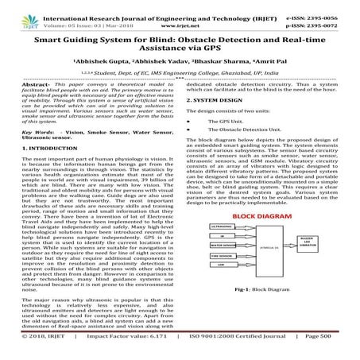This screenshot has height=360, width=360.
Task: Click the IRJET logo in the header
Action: click(17, 11)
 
